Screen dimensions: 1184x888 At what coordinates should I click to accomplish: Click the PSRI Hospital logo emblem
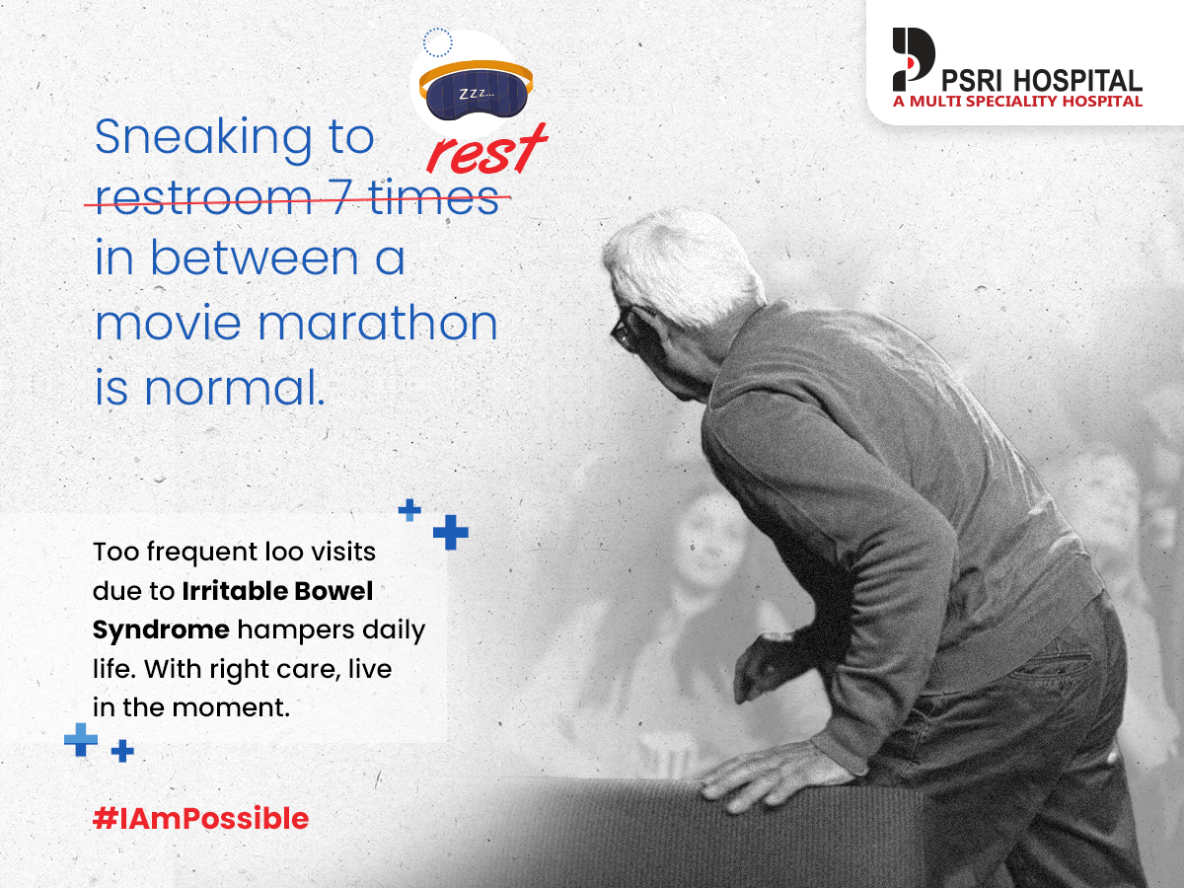click(914, 59)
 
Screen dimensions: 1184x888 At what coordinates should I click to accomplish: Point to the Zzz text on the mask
click(477, 94)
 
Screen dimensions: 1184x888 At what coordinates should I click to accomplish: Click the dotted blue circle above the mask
click(437, 42)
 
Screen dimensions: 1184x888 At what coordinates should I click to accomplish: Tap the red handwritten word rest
click(486, 150)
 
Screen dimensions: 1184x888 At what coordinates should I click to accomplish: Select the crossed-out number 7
click(342, 198)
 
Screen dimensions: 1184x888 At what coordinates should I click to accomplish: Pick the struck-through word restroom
click(203, 199)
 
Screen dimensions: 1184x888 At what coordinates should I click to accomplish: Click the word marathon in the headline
click(378, 323)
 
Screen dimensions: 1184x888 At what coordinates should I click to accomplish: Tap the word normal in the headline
click(235, 387)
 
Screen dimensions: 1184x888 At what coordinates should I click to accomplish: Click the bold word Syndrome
click(161, 629)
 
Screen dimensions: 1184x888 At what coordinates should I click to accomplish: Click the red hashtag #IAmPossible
click(200, 819)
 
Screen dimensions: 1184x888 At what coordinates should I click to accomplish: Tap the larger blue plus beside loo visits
click(450, 532)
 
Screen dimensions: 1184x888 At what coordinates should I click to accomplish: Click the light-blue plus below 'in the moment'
click(81, 739)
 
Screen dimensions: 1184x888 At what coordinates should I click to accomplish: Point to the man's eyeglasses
click(629, 327)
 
